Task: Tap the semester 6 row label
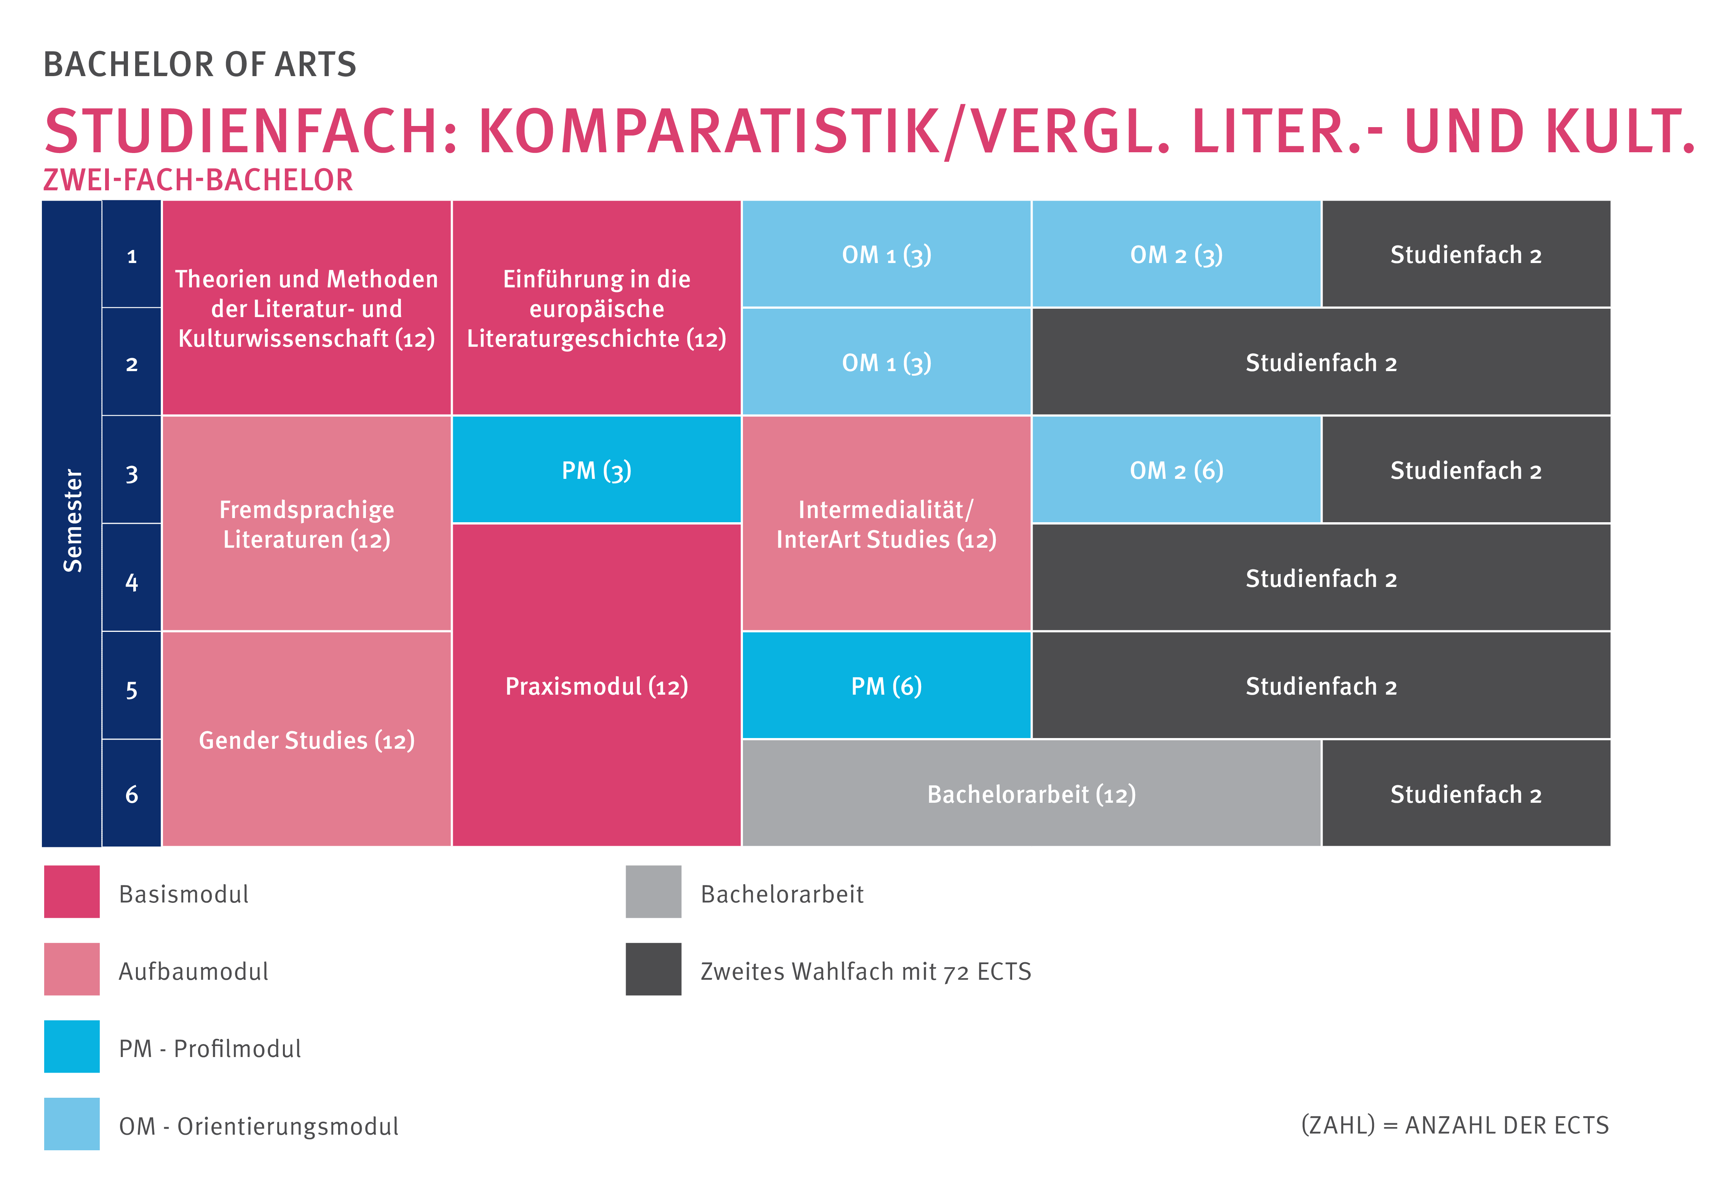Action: [x=132, y=794]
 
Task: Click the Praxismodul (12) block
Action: [x=596, y=686]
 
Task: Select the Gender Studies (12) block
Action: [x=307, y=740]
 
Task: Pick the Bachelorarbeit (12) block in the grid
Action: [x=1031, y=794]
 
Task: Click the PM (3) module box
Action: [x=596, y=470]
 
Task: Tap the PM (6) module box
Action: [x=886, y=686]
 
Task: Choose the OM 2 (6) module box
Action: [x=1176, y=470]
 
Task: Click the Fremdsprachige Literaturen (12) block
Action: [x=307, y=524]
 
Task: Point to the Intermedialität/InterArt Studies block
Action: [x=886, y=524]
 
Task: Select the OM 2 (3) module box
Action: [x=1176, y=255]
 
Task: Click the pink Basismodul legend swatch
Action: [x=72, y=891]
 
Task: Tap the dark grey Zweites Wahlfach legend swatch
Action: [x=653, y=969]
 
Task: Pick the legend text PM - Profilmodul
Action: [x=210, y=1049]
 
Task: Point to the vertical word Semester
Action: [x=72, y=521]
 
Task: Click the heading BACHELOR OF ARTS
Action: [x=200, y=65]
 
